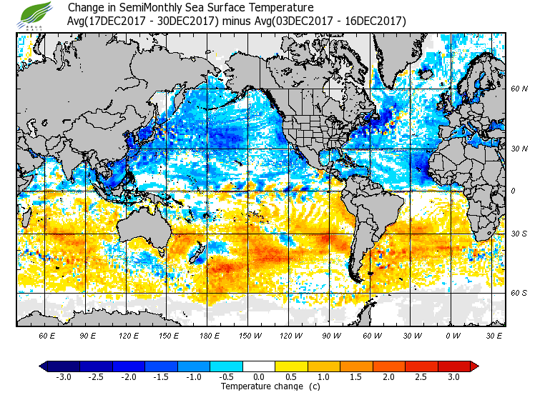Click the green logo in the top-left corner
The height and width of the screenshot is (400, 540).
pos(36,14)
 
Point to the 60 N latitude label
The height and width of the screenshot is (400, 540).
pos(519,89)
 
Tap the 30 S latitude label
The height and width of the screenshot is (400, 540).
pos(519,234)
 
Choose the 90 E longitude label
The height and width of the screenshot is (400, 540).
pos(88,335)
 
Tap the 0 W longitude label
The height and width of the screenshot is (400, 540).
pos(452,335)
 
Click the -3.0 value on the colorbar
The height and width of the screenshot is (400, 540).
pos(64,377)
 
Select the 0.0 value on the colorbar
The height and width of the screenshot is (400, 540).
pos(259,377)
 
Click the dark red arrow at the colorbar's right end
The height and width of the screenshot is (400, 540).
pos(473,366)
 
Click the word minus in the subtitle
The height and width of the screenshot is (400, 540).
pos(235,21)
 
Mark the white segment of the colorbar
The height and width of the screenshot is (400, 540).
pos(258,366)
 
